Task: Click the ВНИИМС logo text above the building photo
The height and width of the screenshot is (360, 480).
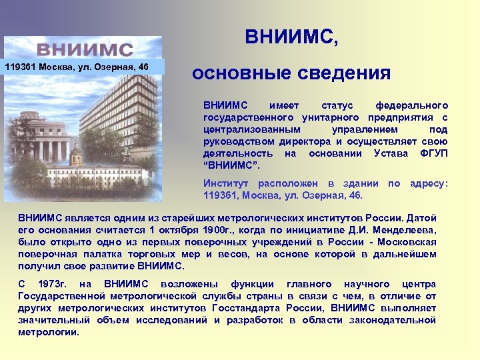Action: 84,49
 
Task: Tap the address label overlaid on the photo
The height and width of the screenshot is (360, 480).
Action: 77,67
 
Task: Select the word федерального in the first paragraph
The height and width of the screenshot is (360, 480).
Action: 411,105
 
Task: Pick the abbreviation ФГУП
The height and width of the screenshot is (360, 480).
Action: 434,153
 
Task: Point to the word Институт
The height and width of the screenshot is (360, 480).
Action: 225,183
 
